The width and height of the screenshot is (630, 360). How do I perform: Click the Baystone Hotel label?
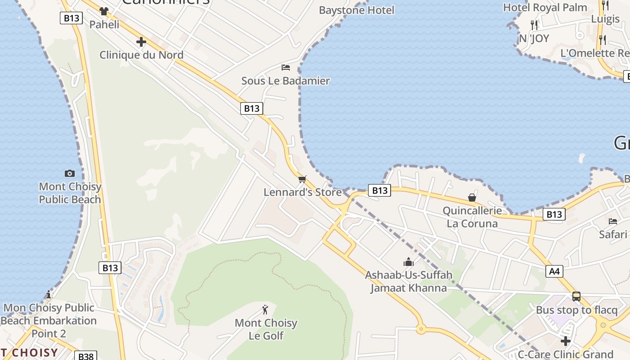coord(356,10)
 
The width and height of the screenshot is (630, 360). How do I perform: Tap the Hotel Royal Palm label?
coord(545,7)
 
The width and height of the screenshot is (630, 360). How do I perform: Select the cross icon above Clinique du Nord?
coord(141,42)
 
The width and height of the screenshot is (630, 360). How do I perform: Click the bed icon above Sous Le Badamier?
coord(285,67)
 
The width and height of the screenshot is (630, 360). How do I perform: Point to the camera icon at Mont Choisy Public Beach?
coord(70,173)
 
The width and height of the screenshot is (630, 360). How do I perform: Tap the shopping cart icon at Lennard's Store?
coord(302,179)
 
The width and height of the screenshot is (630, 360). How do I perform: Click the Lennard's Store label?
coord(302,192)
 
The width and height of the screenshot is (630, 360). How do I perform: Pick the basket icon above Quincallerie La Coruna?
coord(472,198)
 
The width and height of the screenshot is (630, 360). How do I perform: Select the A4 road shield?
coord(554,271)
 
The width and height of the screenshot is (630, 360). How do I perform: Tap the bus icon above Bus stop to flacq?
coord(576,297)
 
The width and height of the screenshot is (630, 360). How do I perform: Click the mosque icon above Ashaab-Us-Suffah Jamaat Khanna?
coord(408,262)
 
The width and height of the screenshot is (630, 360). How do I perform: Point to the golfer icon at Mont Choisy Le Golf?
coord(265,310)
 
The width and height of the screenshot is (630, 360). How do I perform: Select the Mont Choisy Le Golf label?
coord(266,329)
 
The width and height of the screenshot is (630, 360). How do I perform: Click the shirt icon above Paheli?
coord(104,11)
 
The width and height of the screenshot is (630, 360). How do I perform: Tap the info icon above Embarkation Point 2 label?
coord(49,295)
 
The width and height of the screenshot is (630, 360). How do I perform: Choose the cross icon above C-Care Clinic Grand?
coord(566,341)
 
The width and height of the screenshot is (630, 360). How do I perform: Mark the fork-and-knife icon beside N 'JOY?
coord(534,25)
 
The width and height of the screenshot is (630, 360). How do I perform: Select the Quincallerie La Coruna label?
coord(472,217)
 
